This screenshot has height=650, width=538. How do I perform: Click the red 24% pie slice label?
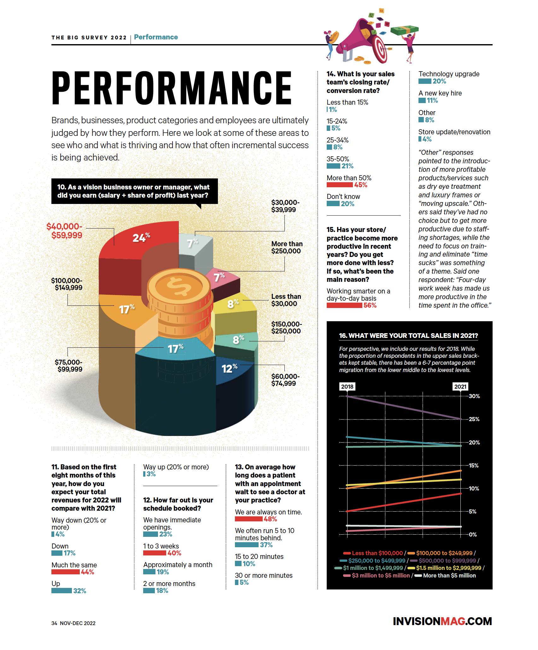141,237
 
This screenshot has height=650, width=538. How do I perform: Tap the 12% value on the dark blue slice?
229,368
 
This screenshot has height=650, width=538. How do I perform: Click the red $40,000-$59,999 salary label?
64,231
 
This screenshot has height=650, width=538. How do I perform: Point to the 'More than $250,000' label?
287,247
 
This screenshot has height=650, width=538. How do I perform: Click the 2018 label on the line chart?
347,386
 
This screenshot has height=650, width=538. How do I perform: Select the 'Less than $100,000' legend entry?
373,553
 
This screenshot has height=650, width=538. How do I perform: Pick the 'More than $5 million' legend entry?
445,575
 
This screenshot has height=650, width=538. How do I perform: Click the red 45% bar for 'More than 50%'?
339,185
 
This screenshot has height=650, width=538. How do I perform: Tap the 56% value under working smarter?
370,305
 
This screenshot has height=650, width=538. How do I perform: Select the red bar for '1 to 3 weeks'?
155,553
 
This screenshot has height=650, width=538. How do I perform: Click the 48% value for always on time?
270,519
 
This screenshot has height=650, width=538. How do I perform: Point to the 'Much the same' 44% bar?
65,572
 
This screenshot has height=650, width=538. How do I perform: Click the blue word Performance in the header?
156,37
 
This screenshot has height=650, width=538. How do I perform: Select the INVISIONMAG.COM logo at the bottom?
442,621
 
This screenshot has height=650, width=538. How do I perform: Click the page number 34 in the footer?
54,623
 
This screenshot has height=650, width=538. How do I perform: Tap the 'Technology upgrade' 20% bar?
425,81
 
